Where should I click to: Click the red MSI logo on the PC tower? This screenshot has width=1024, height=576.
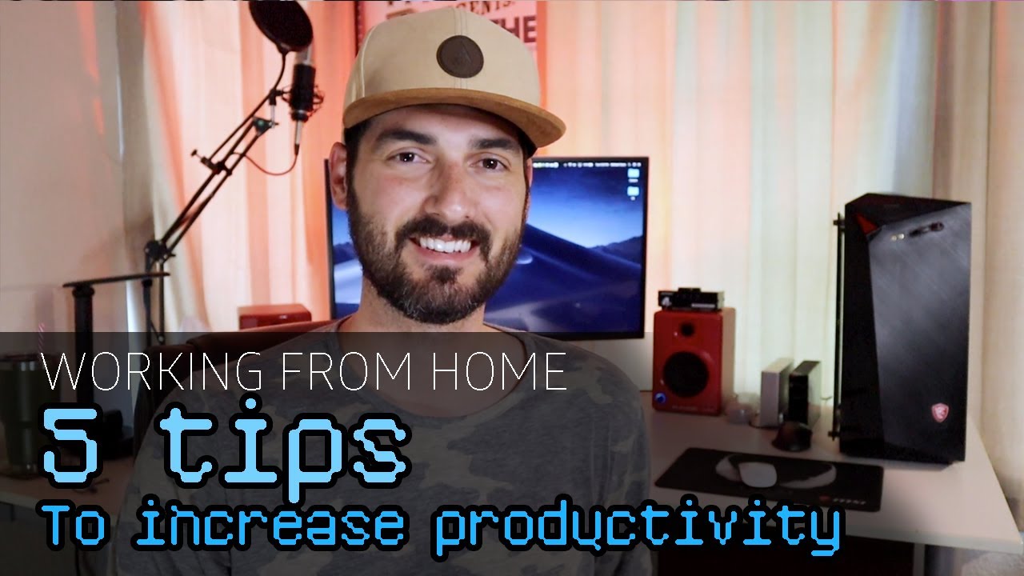click(x=939, y=413)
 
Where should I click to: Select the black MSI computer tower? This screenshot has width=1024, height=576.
click(x=904, y=328)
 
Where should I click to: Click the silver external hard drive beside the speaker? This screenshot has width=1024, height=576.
click(x=775, y=392)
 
